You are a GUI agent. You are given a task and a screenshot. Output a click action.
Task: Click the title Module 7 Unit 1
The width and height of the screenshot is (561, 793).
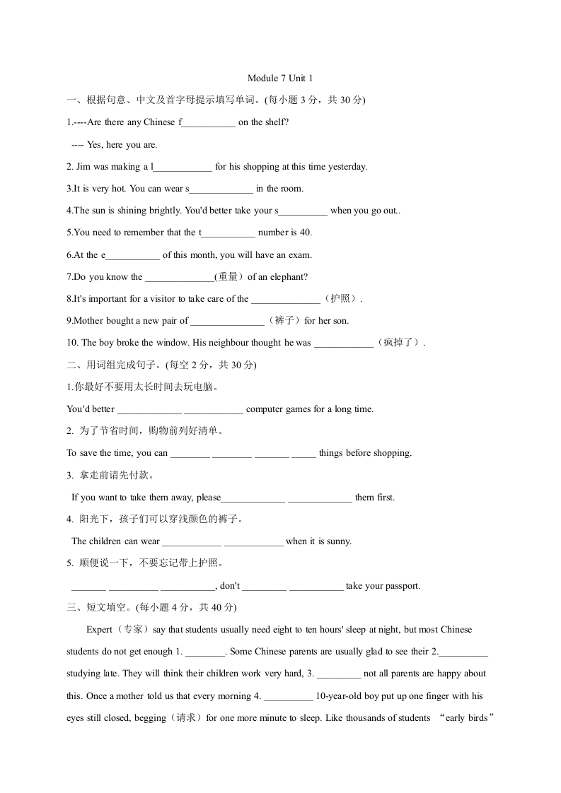pos(280,78)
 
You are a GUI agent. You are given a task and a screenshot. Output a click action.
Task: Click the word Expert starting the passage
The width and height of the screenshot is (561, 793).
pos(99,630)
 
